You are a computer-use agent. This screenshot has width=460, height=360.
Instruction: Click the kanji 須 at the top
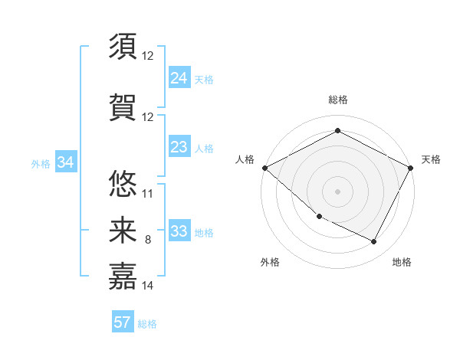[x=123, y=46]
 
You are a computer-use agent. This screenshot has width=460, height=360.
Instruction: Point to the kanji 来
[x=123, y=230]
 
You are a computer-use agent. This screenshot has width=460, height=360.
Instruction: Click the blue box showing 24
[x=179, y=78]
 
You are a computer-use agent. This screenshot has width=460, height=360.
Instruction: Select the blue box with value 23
[x=179, y=147]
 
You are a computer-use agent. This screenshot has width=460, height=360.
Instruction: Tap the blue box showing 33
[x=179, y=231]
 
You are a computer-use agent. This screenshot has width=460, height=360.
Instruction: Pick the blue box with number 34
[x=65, y=162]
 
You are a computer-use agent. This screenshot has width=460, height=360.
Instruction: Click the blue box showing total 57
[x=123, y=322]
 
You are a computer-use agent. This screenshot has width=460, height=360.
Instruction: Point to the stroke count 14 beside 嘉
[x=148, y=286]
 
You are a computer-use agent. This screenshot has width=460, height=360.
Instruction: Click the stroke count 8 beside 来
[x=148, y=241]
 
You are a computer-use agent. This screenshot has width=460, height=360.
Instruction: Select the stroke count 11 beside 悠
[x=148, y=193]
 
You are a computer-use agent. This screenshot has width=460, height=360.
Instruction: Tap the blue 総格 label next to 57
[x=147, y=324]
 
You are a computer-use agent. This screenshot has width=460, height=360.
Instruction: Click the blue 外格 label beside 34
[x=40, y=164]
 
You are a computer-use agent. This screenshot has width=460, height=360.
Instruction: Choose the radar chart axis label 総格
[x=337, y=100]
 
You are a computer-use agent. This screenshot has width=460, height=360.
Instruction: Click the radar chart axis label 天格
[x=431, y=159]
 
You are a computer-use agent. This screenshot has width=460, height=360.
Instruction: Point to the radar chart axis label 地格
[x=402, y=262]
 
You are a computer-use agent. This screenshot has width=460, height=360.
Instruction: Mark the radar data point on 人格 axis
[x=264, y=168]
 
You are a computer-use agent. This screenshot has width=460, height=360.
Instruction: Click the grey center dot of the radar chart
[x=337, y=191]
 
